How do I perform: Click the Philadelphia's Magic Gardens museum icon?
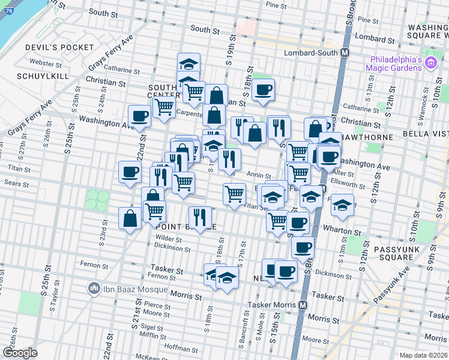pyautogui.click(x=430, y=63)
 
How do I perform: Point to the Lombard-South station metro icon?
pyautogui.click(x=345, y=52)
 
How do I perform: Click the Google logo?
pyautogui.click(x=20, y=353)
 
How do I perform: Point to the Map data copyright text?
pyautogui.click(x=423, y=355)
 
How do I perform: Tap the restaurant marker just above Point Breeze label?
pyautogui.click(x=200, y=217)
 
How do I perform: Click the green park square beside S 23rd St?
pyautogui.click(x=95, y=199)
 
